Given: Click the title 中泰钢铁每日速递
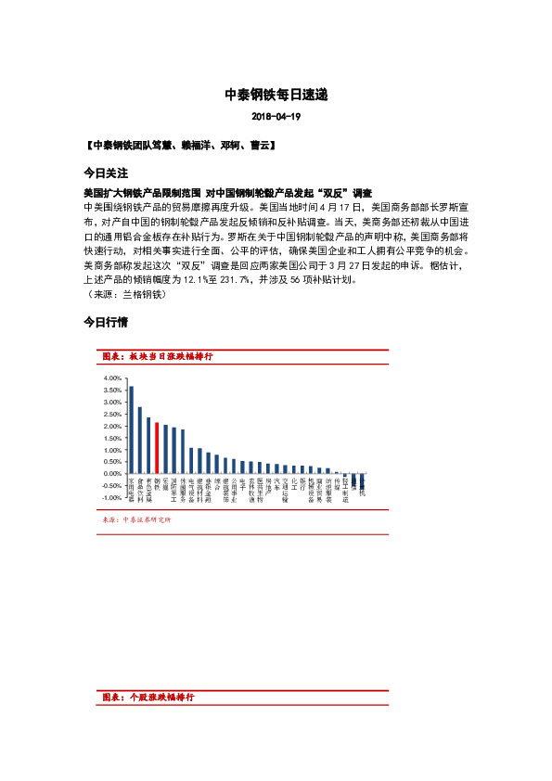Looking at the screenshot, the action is pos(276,95).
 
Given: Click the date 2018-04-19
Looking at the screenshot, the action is pos(276,117).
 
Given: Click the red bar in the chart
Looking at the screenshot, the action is pos(158,448).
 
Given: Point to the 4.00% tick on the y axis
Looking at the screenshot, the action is pos(111,378).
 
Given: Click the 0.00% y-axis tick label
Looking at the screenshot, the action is pos(111,474).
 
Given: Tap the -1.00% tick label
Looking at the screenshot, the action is pos(110,498).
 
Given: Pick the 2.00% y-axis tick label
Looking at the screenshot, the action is pos(111,427).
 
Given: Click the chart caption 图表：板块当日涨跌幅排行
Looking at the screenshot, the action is pos(158,356).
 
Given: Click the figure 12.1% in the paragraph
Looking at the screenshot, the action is pos(184,279).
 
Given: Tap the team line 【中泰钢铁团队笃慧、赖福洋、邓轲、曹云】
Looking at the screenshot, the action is pos(178,146).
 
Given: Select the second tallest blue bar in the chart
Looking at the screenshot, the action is pos(140,440).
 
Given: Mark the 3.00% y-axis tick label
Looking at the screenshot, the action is pos(111,403).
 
